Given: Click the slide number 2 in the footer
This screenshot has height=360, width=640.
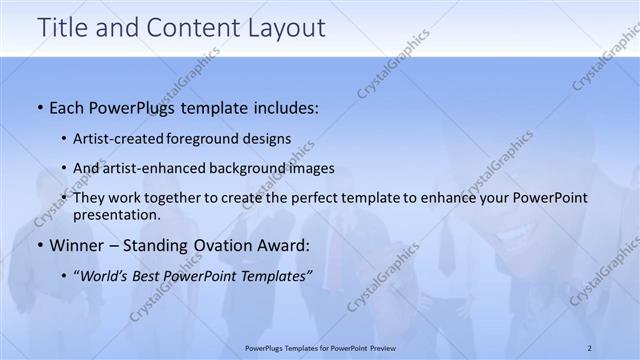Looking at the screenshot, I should [x=590, y=347].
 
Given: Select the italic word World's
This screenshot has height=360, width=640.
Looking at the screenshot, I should [x=106, y=273].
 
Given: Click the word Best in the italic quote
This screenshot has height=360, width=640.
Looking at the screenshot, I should [x=153, y=273].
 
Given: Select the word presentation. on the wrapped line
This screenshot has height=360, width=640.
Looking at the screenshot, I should [x=116, y=215].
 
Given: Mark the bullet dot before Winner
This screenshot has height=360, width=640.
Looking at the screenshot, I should [x=39, y=245].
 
